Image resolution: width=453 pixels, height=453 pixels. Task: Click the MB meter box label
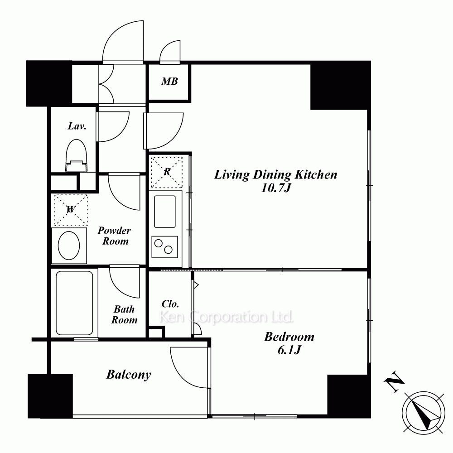pos(169,82)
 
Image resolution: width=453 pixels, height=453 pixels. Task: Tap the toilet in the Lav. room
pos(76,156)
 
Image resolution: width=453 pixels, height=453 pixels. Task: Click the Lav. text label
pos(77,126)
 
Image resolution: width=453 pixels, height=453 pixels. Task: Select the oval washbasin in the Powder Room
pos(69,246)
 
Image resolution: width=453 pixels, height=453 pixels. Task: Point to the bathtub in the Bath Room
pos(75,303)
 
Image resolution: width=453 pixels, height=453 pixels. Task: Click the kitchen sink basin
pos(165,212)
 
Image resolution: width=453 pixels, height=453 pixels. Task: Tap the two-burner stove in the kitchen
pos(165,247)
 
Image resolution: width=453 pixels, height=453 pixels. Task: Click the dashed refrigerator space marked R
pos(167,172)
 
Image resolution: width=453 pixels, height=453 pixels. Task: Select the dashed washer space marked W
pos(71,210)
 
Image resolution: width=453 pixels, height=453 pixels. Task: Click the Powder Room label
pos(115,236)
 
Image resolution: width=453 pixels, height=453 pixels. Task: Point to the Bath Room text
pos(124,315)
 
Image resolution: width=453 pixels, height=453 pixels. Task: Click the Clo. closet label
pos(170,304)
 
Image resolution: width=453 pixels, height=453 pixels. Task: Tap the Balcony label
pos(129,375)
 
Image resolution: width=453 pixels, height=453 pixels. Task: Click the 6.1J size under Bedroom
pos(289,350)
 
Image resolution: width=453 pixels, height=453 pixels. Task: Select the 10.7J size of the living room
pos(275,188)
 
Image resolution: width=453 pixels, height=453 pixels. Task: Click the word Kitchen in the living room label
pos(316,175)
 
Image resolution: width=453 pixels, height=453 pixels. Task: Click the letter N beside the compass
pos(394,382)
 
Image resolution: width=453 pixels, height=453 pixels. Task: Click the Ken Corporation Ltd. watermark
pos(226,317)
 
